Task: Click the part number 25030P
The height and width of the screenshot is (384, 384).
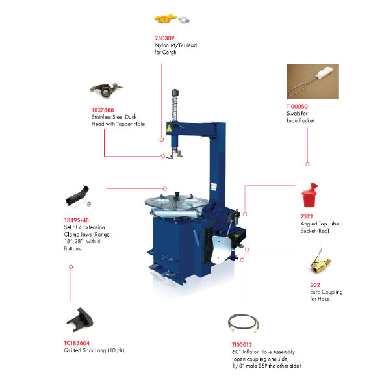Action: (x=164, y=38)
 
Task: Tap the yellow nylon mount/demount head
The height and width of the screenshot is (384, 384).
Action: (x=165, y=19)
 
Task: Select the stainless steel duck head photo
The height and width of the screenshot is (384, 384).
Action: (x=107, y=90)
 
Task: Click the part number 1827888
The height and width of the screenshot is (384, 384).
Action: (x=103, y=110)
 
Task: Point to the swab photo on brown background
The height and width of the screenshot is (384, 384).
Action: (x=313, y=82)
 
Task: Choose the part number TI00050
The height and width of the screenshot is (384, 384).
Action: (x=297, y=107)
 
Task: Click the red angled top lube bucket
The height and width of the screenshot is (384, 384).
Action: (x=309, y=195)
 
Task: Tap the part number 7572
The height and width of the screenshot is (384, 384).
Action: (x=307, y=216)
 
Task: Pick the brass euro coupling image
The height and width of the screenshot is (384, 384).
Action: (x=320, y=262)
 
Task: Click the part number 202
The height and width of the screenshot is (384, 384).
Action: (x=315, y=285)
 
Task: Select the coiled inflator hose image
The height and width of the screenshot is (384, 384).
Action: (x=243, y=324)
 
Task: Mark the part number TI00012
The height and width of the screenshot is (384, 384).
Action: (x=242, y=344)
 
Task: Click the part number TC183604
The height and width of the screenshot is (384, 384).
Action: (x=77, y=343)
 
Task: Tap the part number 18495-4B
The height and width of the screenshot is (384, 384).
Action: (x=77, y=220)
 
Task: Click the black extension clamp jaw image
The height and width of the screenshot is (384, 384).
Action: (x=77, y=196)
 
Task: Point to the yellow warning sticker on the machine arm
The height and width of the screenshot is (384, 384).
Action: (x=169, y=128)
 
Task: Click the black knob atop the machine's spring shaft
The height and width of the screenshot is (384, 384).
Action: (x=175, y=93)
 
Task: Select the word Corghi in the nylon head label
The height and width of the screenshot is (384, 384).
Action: (x=170, y=52)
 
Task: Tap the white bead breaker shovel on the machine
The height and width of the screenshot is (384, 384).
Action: (x=222, y=250)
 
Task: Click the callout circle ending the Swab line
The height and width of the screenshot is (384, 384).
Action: (x=307, y=164)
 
